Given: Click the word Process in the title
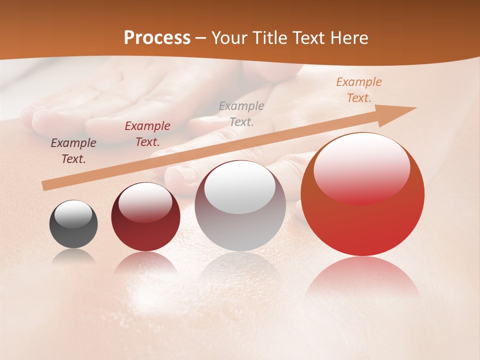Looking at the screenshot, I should tap(157, 38).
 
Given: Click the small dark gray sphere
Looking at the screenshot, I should tap(73, 235).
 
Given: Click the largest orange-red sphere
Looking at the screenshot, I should tap(362, 225).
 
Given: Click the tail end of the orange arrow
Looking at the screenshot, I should tap(45, 185).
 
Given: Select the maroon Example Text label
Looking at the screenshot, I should tap(147, 134).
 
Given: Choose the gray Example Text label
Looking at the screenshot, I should tap(241, 113).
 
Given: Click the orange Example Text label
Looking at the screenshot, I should tap(359, 90).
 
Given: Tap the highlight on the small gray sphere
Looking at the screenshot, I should tap(73, 214).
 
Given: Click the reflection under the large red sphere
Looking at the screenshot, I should tap(362, 277).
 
